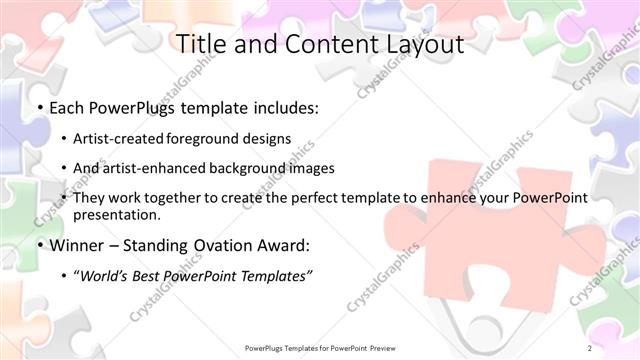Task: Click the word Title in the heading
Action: [x=201, y=45]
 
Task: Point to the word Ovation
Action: [x=229, y=245]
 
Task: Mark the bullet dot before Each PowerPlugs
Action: [x=38, y=108]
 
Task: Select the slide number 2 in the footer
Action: [x=590, y=348]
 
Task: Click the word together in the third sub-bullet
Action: [x=174, y=198]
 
